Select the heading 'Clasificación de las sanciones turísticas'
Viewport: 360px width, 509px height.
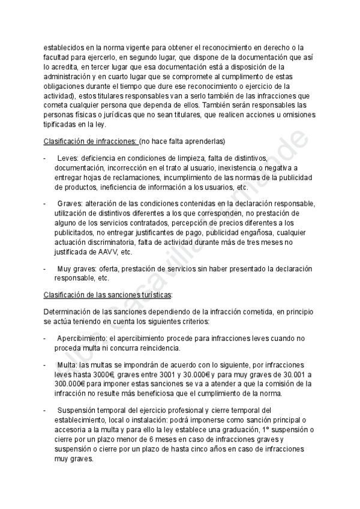click(x=107, y=295)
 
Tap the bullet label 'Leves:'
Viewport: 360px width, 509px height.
click(x=68, y=157)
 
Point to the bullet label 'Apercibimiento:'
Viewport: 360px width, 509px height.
click(x=81, y=338)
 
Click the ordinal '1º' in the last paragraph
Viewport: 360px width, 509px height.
click(x=267, y=430)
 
